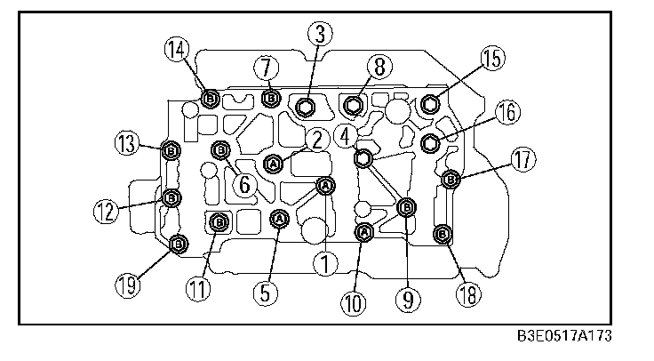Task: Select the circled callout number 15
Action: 491,59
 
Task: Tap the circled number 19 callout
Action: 130,284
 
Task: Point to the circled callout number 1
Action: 326,262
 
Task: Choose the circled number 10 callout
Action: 354,302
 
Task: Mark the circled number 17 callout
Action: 522,161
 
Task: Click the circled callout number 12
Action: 108,210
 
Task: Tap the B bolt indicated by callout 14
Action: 211,99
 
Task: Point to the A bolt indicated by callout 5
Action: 279,218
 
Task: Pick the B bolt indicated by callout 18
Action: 442,234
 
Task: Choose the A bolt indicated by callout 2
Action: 274,164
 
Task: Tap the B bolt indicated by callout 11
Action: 219,222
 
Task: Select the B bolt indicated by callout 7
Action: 271,98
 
